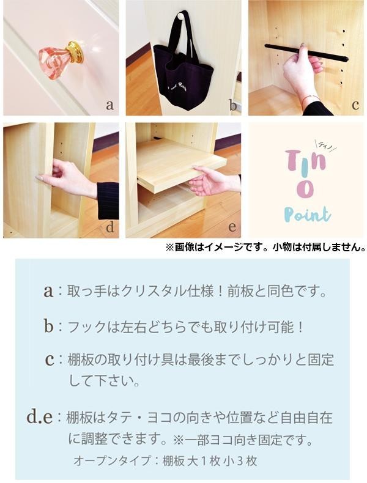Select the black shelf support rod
click(306, 53)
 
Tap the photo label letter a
click(109, 105)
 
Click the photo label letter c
click(355, 105)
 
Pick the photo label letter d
click(109, 227)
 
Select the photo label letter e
click(232, 227)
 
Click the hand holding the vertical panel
click(66, 179)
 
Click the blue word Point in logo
click(307, 215)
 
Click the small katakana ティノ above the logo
click(325, 145)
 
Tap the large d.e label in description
click(40, 416)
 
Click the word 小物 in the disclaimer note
click(280, 248)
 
